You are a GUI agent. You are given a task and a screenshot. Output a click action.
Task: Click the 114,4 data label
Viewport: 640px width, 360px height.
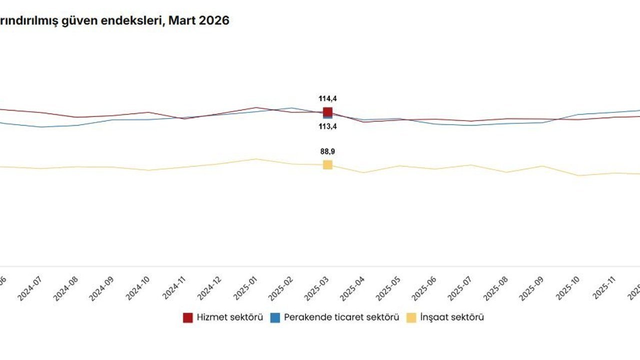point(327,99)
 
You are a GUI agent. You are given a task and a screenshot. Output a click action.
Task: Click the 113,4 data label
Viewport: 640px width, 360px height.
point(327,127)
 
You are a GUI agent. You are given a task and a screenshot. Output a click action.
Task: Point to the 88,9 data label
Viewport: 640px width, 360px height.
point(327,151)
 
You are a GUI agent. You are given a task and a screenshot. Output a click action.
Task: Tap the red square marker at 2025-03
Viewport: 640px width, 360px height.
point(327,112)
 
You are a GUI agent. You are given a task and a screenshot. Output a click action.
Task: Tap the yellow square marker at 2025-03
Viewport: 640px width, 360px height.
point(327,165)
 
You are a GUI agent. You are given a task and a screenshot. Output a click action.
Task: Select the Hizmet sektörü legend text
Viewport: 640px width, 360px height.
point(229,317)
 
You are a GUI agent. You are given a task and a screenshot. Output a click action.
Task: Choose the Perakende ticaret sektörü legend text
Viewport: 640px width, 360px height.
point(341,317)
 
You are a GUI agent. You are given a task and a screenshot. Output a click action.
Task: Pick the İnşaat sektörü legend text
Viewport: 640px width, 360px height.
point(452,317)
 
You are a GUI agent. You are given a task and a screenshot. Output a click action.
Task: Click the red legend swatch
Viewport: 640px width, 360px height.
point(188,317)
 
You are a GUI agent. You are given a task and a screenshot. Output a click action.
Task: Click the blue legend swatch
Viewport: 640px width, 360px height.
point(275,317)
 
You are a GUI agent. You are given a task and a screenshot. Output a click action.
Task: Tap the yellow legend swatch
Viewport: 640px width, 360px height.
point(411,317)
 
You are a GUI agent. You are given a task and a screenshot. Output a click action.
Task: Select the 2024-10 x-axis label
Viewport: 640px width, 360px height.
point(136,289)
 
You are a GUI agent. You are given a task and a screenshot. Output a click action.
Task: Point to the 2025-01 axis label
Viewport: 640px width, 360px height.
point(244,289)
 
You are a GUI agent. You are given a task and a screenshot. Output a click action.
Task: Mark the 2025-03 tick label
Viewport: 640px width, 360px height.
point(316,289)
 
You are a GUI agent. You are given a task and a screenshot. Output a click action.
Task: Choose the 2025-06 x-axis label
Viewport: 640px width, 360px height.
point(424,289)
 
